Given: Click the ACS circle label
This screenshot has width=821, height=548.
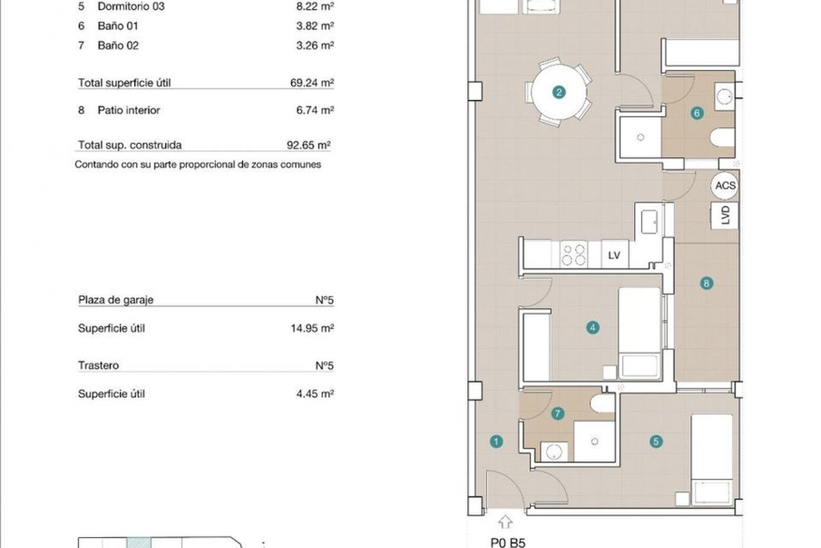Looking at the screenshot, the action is coord(725,186).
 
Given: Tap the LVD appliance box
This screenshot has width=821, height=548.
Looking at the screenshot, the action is coord(725,216).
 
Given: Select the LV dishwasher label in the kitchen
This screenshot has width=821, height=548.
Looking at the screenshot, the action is coord(614,255).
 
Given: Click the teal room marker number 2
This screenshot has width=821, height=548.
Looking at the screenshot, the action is coord(559,92).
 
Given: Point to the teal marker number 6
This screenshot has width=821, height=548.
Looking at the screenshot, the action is coord(696,113).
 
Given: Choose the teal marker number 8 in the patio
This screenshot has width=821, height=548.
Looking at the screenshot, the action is coord(707,283).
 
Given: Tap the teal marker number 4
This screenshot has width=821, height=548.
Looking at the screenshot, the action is coord(592,327).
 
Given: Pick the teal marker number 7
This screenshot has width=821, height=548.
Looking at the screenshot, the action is coord(558,414).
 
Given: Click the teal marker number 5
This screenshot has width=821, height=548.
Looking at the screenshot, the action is coord(656,442).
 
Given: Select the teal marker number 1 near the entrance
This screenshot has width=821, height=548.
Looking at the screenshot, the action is coord(496,442).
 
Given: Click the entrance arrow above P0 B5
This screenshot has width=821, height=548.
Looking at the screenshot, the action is coord(506,521).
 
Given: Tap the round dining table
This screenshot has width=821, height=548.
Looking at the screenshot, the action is coord(558,92).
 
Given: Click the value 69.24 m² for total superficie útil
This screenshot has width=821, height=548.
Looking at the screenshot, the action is coord(312,83).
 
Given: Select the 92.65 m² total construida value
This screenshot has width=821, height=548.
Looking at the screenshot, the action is coord(309,145).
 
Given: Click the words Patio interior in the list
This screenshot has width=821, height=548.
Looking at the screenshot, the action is coord(129,110).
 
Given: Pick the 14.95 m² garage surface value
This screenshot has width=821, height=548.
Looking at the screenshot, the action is coord(312,328).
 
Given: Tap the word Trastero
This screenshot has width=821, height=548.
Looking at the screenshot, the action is coord(99,366).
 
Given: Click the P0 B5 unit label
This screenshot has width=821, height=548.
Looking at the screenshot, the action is coord(508,543).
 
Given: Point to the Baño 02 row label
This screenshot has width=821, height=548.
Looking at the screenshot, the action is coord(118,46).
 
